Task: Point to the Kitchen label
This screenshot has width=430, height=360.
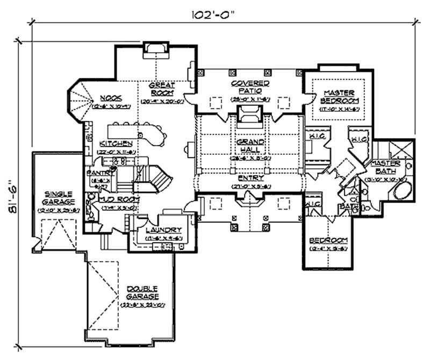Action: tap(116, 143)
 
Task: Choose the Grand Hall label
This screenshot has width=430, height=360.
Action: tap(250, 146)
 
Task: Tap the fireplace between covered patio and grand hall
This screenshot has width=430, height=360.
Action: tap(250, 116)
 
